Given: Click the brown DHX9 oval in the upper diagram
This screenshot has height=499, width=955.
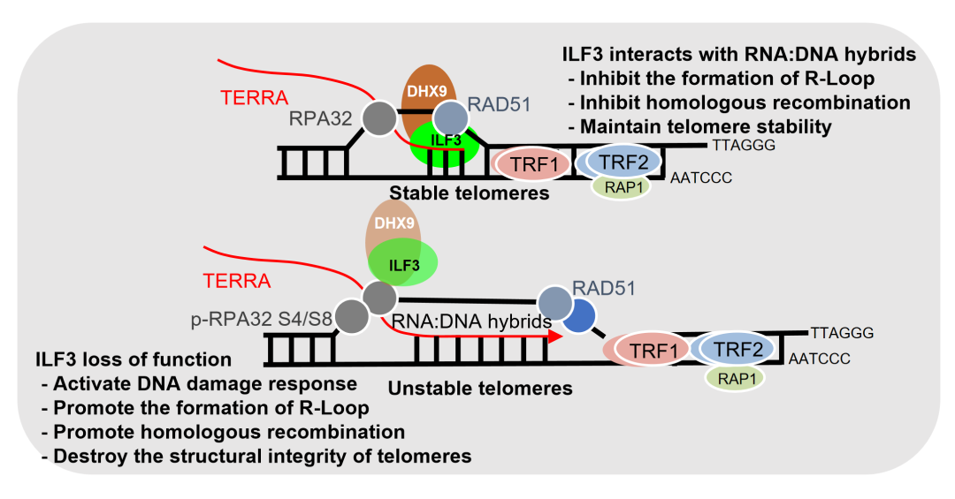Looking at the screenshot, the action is (426, 91).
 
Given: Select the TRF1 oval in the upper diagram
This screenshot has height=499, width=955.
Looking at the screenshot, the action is (533, 163).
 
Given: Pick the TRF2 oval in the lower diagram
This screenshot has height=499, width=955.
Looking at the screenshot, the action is (737, 350).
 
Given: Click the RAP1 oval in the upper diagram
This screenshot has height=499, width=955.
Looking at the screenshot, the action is (621, 186).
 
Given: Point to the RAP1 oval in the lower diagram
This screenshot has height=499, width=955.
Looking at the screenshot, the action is (736, 378).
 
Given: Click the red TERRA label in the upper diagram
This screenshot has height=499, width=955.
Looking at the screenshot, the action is (254, 97).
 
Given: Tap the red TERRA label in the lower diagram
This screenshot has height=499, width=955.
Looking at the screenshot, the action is (236, 281).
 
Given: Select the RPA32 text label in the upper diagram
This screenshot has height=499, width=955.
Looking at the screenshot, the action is (320, 118).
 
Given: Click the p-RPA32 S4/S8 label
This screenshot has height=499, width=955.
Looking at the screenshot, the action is (262, 319).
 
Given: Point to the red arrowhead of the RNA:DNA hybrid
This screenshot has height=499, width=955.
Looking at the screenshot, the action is (554, 336).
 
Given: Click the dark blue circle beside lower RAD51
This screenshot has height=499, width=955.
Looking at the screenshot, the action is (577, 316).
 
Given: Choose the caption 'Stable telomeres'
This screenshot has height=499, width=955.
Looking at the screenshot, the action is (469, 193).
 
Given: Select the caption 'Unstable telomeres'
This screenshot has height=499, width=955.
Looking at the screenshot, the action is (480, 389).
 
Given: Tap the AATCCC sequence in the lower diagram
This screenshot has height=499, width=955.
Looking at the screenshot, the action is (819, 359).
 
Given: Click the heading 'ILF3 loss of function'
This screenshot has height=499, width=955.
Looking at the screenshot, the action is (134, 359).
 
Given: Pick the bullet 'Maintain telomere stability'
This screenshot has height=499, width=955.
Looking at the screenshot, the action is (699, 126).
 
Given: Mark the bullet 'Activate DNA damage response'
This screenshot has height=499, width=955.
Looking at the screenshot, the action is (199, 383).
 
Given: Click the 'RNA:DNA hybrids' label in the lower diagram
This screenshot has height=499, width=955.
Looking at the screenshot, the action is (471, 321).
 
